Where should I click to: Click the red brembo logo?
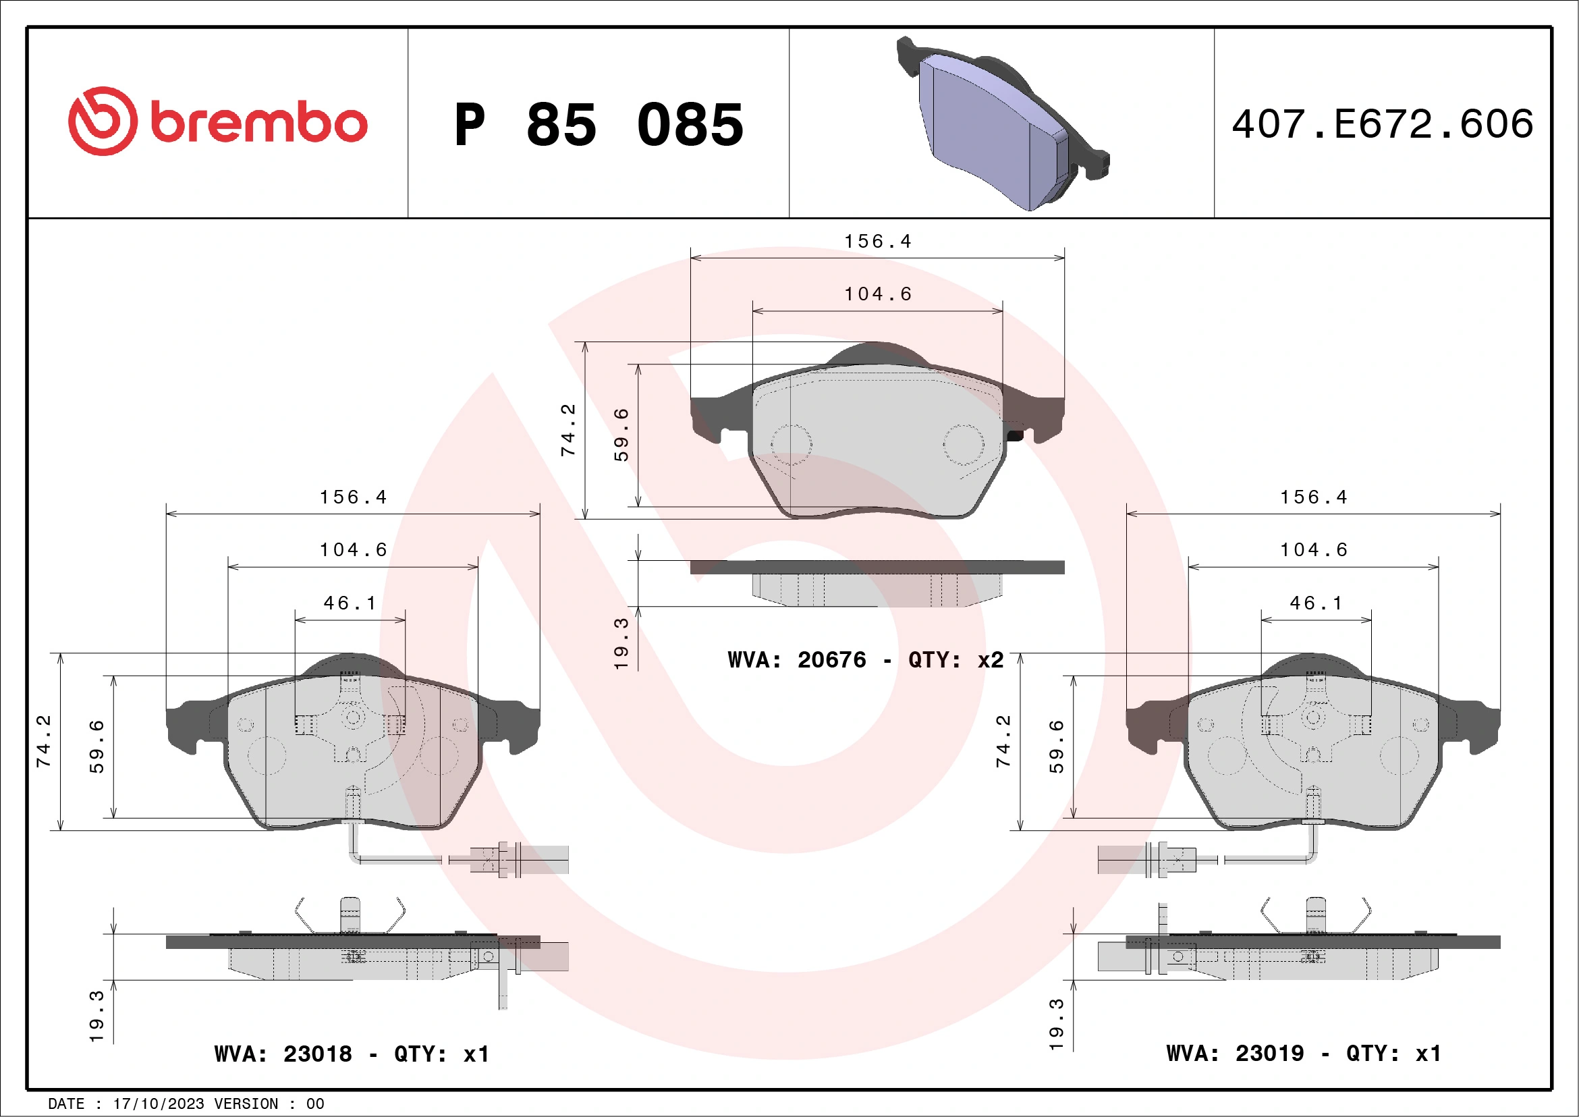click(x=217, y=122)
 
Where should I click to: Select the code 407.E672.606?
click(x=1383, y=124)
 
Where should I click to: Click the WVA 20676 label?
click(x=798, y=660)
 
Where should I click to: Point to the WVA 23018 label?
click(x=283, y=1054)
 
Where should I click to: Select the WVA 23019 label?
click(x=1235, y=1053)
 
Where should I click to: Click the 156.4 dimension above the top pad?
click(x=877, y=242)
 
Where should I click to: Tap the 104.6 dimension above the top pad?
click(x=877, y=294)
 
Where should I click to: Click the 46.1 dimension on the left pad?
click(x=350, y=603)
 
